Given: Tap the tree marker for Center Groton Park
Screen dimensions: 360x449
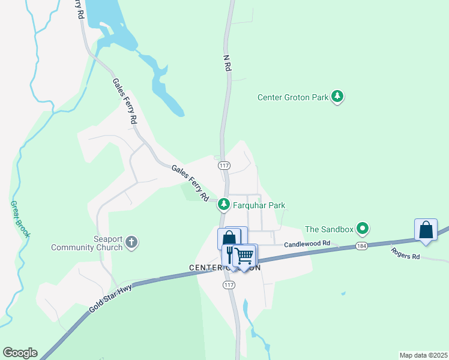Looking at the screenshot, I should tap(337, 96).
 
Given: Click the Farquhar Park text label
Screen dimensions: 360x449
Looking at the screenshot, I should tap(259, 205).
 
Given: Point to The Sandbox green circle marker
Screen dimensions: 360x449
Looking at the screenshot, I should tap(362, 229).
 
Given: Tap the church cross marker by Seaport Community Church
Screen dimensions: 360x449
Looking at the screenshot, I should tap(131, 243).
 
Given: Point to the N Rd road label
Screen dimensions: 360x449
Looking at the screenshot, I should tap(227, 64).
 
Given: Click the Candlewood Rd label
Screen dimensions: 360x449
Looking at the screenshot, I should tap(307, 244).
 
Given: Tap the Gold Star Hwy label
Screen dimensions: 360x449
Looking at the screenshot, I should tap(112, 297).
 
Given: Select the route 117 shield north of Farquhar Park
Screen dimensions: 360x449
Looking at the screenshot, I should tap(224, 165).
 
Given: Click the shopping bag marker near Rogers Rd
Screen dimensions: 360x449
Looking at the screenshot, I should tap(426, 230).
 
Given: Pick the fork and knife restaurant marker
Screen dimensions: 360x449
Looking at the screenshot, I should tap(229, 255).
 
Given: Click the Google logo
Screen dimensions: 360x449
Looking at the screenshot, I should tap(20, 353).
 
